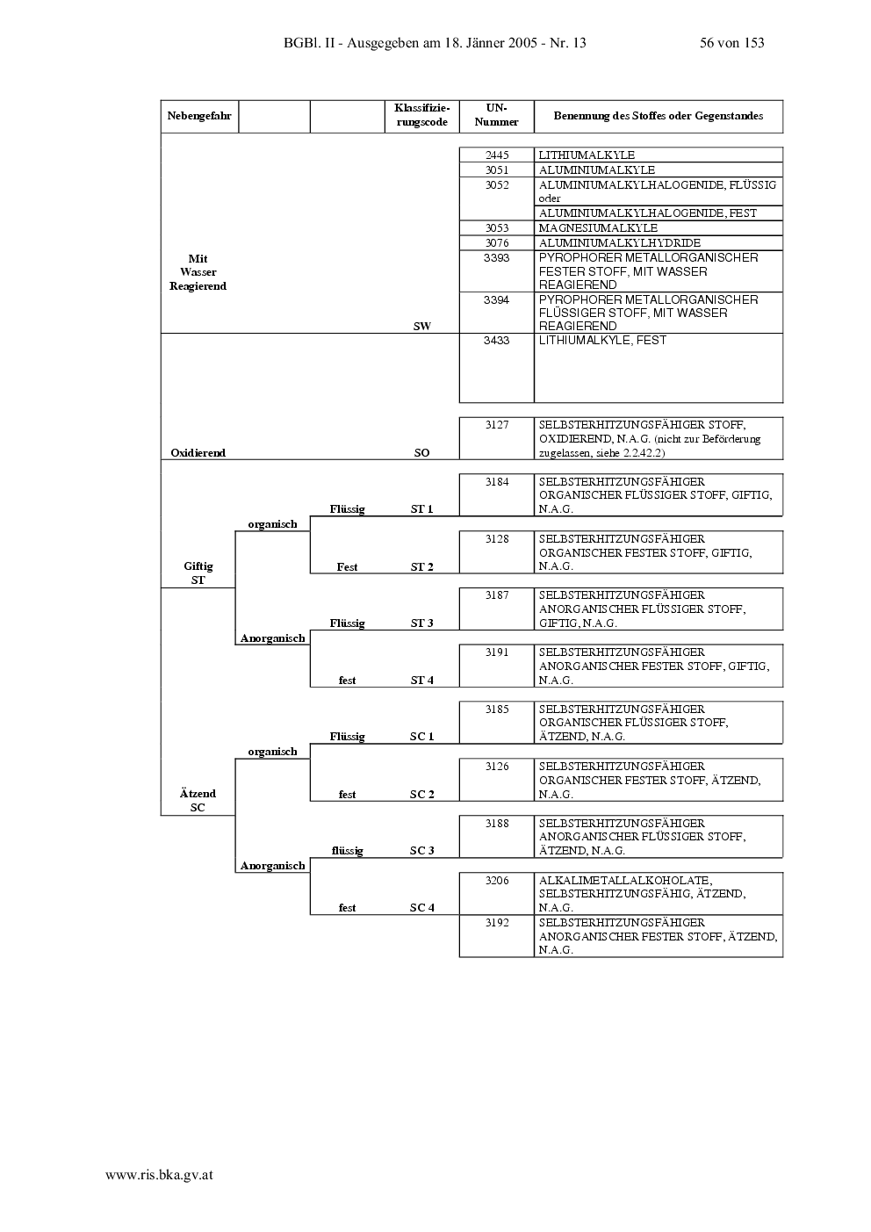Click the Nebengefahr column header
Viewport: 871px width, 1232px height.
pos(199,116)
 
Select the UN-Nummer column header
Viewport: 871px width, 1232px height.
pos(497,116)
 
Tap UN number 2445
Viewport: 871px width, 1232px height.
pos(497,155)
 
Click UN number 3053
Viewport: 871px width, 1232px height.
pos(497,228)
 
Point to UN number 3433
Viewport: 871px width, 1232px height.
pos(497,341)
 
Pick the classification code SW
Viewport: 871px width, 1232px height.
pos(421,326)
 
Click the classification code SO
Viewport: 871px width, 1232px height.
pos(421,452)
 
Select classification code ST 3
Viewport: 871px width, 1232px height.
pos(421,623)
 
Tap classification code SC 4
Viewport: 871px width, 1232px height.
pos(421,907)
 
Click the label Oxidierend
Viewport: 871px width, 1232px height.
pos(198,452)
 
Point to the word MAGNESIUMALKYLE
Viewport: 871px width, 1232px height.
pos(598,228)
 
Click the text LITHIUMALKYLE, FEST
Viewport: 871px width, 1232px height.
pos(602,341)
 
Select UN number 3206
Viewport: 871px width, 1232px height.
pos(497,881)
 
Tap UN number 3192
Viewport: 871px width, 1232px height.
pos(497,923)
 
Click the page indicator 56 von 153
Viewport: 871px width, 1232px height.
pos(732,43)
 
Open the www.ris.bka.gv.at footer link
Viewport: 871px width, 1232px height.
pos(160,1175)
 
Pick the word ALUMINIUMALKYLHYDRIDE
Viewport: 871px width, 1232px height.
pos(620,243)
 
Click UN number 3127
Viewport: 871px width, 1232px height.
pos(497,425)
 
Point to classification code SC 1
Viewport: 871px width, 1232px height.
pos(421,737)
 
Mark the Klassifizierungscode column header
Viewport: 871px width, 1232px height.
pos(421,116)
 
